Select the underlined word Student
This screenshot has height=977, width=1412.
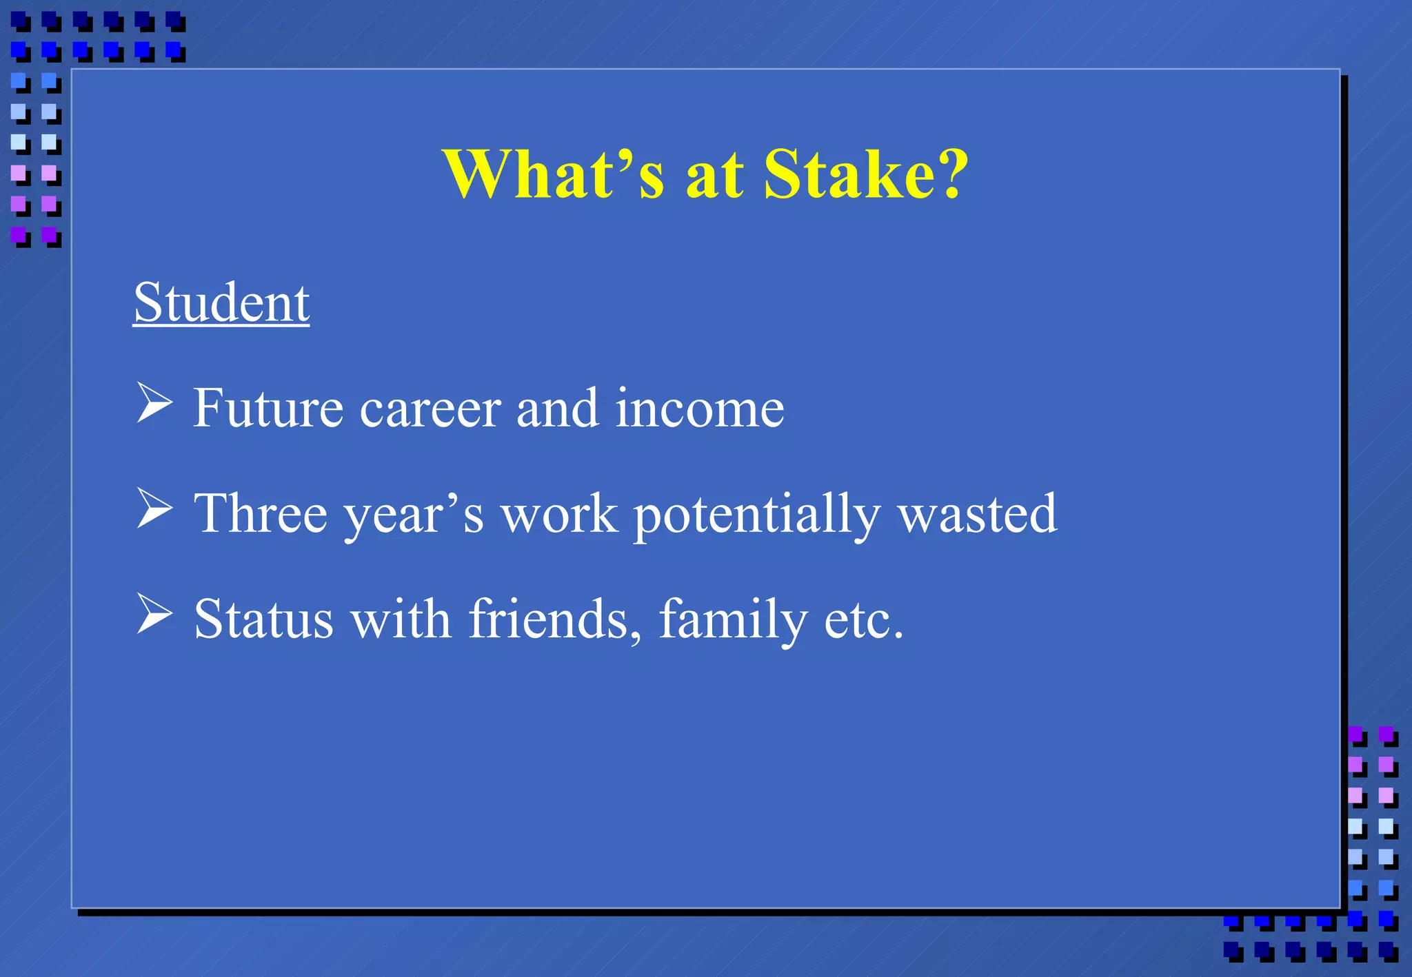pos(221,302)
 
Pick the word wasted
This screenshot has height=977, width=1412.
pos(977,514)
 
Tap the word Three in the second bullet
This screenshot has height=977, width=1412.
pos(260,514)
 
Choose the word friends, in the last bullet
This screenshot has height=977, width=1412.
pos(555,619)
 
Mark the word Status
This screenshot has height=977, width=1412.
pos(263,619)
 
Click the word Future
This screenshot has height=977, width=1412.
pos(268,409)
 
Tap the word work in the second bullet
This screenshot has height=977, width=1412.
pos(558,514)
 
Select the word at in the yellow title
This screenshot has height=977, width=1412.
pos(714,176)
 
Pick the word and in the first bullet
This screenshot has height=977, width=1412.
pos(557,409)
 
